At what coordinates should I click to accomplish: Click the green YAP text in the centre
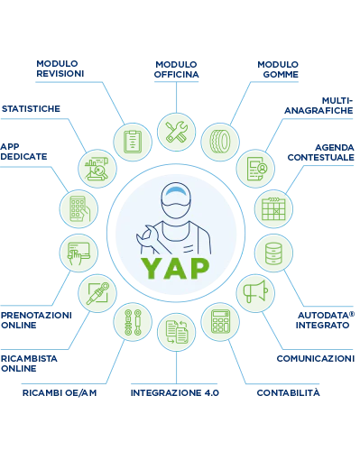point(176,268)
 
